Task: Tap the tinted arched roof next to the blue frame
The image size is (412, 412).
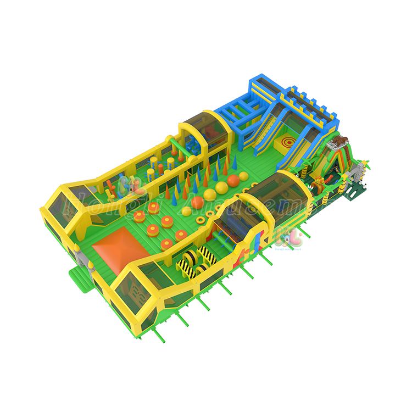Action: pos(204,127)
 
